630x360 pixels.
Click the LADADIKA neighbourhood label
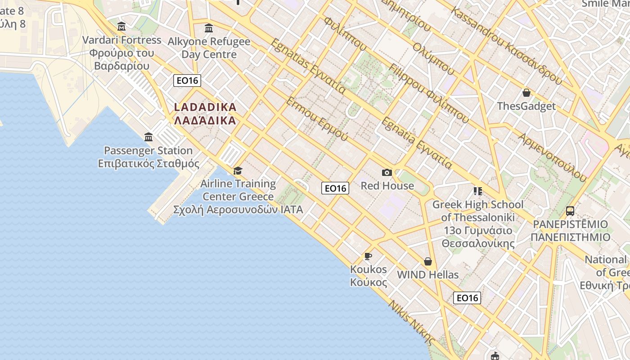205,113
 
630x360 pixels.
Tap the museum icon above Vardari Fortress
121,27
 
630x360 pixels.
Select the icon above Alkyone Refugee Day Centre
209,28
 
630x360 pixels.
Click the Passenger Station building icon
148,137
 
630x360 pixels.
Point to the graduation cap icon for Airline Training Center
238,171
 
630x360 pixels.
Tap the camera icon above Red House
387,172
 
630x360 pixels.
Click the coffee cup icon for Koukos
368,256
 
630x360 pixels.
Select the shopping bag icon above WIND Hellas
428,261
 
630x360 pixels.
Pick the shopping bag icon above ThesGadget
526,93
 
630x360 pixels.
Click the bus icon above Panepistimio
570,211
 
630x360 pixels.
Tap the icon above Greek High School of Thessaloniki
477,191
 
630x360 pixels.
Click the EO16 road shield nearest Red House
335,188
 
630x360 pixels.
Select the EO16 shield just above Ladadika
187,81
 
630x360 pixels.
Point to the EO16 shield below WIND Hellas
467,297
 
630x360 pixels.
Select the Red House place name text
387,185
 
